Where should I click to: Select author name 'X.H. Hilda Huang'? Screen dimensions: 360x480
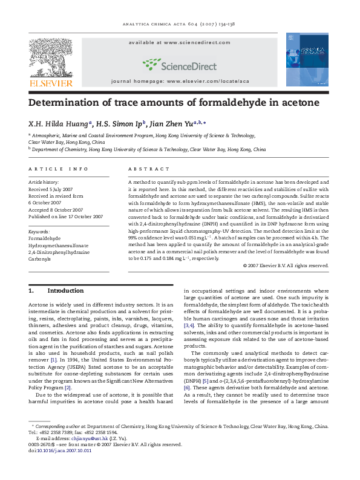(x=58, y=122)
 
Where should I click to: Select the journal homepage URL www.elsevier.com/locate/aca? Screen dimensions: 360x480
(x=209, y=80)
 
